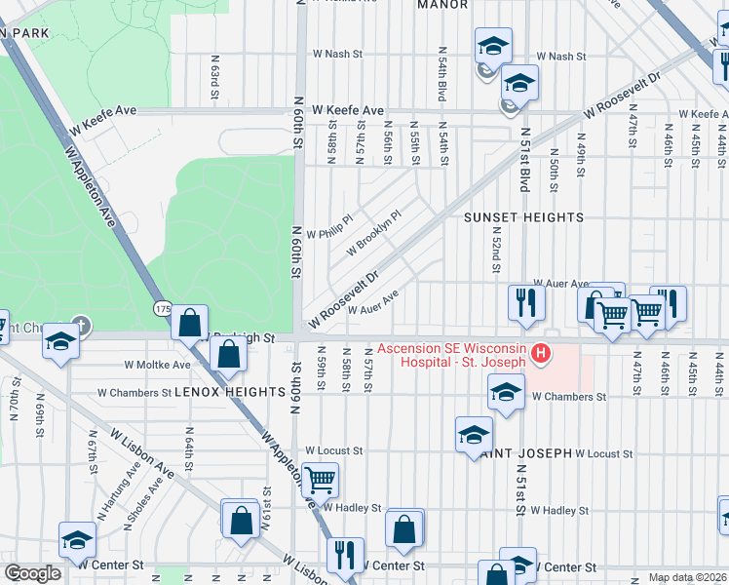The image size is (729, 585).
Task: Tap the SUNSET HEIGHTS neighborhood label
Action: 523,217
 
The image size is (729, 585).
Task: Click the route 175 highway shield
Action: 162,309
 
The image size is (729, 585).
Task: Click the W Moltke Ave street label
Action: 157,365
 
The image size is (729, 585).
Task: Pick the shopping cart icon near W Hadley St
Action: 320,480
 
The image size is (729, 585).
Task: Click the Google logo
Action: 32,573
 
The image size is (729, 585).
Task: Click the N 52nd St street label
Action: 496,254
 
